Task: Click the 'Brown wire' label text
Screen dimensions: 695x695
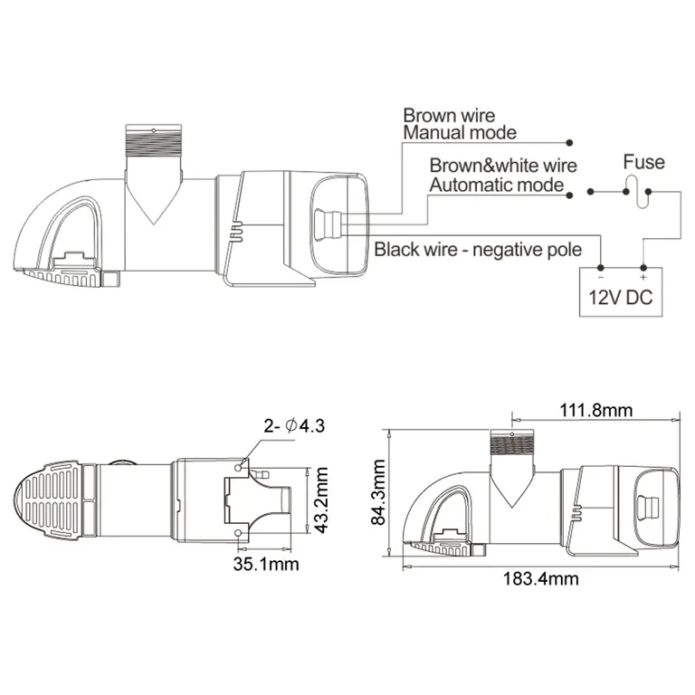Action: point(449,116)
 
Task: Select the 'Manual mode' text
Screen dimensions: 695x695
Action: point(460,133)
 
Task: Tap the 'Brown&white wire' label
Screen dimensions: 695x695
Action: point(503,167)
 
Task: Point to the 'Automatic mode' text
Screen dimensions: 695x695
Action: point(496,185)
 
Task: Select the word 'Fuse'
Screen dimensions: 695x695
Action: point(643,163)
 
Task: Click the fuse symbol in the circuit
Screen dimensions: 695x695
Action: point(643,192)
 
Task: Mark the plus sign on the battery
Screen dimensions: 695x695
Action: point(643,275)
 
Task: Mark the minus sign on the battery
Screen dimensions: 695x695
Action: point(601,275)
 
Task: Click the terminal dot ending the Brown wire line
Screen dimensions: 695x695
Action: point(570,143)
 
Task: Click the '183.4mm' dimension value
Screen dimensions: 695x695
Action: point(540,579)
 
